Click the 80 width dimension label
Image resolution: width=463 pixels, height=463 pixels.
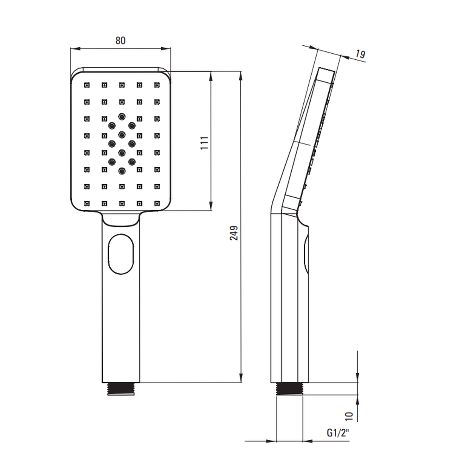point(120,40)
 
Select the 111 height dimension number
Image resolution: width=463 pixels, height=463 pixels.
point(205,143)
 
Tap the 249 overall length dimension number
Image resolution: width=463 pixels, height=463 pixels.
point(234,233)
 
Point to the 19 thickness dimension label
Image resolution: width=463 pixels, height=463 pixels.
point(360,54)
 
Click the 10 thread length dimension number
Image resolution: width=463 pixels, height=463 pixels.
point(349,416)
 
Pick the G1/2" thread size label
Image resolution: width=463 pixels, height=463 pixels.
point(338,432)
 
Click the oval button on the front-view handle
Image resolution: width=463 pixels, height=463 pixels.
point(121,254)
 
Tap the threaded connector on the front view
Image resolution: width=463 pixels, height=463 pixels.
point(121,388)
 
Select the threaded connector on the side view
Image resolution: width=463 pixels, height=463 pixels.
point(289,388)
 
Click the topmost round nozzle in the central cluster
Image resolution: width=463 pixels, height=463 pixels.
point(122,117)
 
